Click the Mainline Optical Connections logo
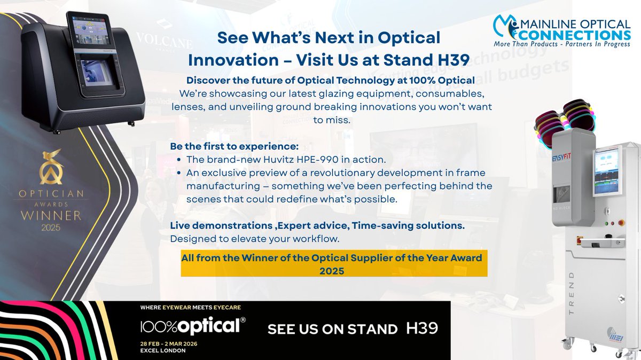[x=561, y=31]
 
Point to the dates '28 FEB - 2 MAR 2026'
[x=168, y=343]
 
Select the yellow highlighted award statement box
[x=334, y=264]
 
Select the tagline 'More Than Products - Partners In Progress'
[x=562, y=44]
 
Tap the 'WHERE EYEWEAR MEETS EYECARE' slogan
[x=191, y=307]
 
